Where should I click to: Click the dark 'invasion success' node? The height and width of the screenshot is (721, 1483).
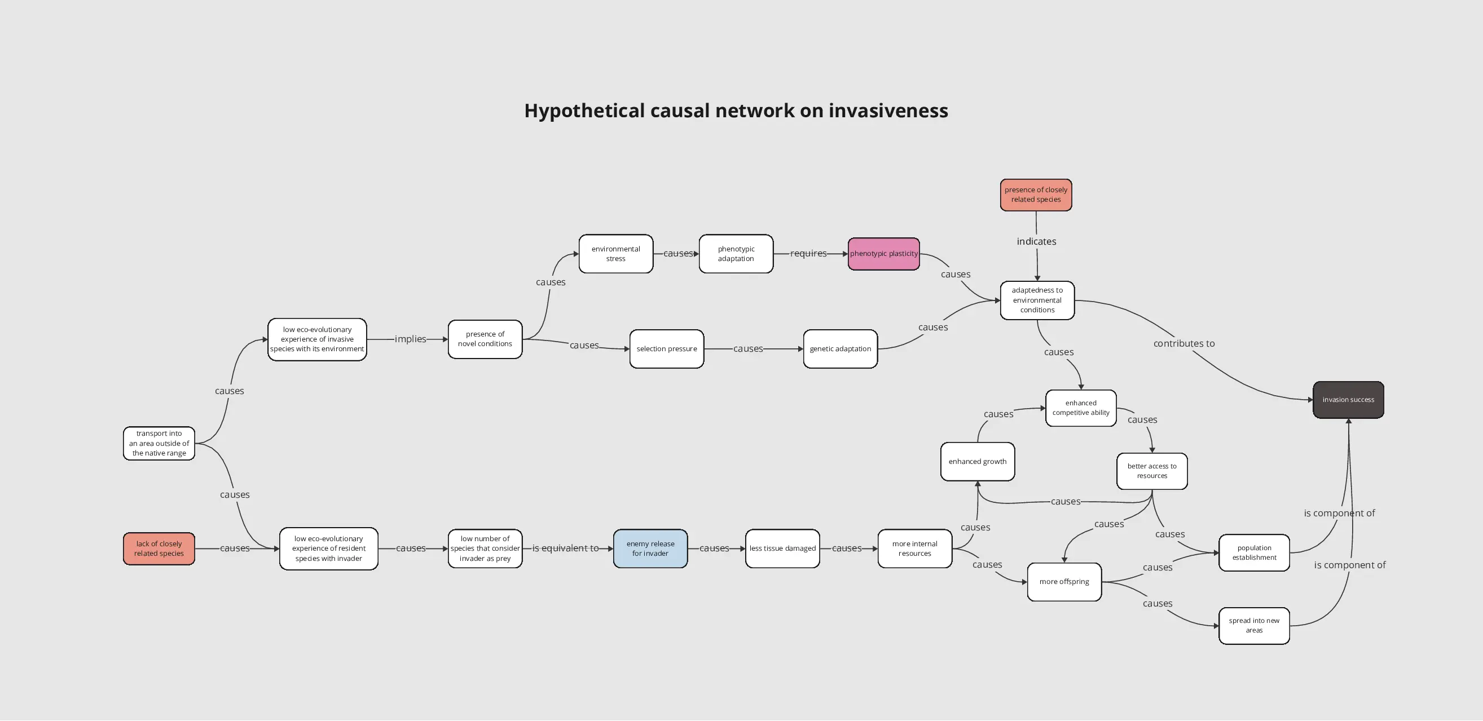tap(1348, 400)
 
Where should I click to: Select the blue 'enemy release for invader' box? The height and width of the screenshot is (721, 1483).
tap(650, 549)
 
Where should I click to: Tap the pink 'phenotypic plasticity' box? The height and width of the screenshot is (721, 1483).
tap(884, 254)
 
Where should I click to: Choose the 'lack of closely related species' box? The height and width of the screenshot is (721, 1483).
tap(159, 549)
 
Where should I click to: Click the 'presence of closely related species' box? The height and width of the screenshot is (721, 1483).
tap(1036, 194)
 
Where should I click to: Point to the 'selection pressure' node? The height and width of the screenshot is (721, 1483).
tap(667, 349)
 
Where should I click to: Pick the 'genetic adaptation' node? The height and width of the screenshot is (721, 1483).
tap(840, 349)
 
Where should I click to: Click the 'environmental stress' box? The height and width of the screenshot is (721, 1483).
tap(616, 254)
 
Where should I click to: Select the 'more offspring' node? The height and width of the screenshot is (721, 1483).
tap(1064, 582)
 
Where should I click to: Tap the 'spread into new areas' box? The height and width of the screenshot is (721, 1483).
tap(1254, 626)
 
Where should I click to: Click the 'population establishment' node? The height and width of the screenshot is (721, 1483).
tap(1254, 552)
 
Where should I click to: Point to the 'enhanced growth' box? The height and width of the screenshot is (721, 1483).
tap(978, 462)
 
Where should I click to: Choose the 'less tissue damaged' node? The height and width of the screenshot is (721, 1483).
tap(782, 549)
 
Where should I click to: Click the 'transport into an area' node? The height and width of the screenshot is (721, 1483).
tap(159, 443)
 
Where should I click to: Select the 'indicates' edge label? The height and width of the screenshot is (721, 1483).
tap(1036, 241)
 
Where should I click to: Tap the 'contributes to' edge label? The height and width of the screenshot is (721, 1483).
tap(1184, 343)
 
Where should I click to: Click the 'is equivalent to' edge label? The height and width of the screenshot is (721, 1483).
tap(565, 549)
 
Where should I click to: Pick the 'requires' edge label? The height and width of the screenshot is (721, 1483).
tap(808, 254)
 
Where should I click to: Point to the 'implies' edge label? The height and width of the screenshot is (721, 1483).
tap(411, 339)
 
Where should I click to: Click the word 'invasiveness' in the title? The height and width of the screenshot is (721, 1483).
tap(888, 110)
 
